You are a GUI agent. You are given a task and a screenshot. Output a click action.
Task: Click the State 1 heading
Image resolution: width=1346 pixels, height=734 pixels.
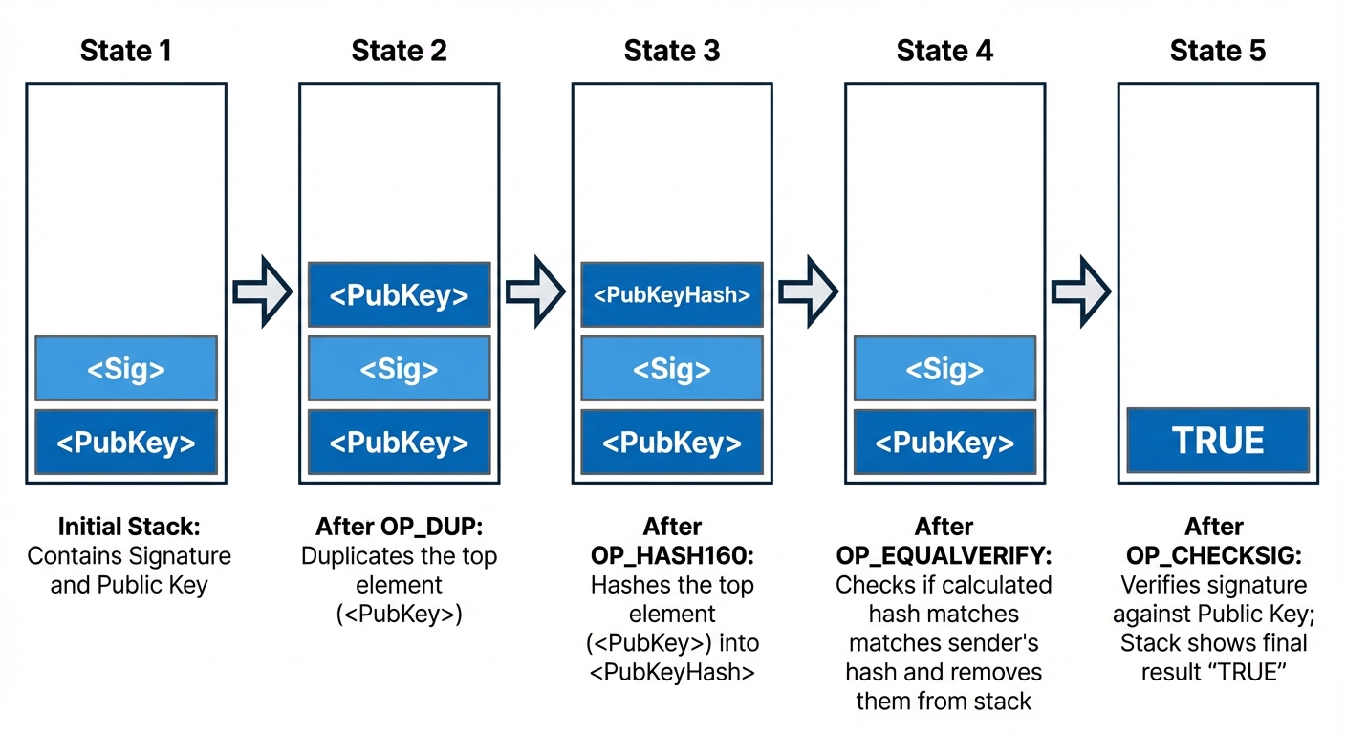pos(126,51)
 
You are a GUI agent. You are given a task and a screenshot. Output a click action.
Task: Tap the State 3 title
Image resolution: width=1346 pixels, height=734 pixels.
pos(671,51)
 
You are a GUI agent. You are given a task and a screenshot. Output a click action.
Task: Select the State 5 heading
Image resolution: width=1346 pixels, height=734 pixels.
pos(1217,51)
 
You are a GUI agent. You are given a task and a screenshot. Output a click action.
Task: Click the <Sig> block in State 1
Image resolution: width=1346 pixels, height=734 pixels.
pos(126,368)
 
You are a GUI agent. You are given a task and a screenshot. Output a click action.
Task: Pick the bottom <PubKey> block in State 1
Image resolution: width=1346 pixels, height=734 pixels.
pos(126,442)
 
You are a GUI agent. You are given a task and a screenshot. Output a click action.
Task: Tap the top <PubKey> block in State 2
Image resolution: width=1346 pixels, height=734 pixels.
pos(399,295)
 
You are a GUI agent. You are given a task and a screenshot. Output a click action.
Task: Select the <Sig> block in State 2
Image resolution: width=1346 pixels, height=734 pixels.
pos(399,368)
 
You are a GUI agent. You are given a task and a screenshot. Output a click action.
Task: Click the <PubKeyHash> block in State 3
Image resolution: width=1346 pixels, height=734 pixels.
pos(671,295)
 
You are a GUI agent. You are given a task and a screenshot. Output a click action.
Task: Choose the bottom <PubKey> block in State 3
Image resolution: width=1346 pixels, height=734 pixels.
pos(671,442)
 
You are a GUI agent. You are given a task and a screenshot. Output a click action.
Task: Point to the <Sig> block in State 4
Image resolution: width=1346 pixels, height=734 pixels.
pos(944,368)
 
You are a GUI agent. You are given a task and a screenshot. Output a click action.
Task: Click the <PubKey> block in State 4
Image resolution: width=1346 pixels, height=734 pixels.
pos(944,442)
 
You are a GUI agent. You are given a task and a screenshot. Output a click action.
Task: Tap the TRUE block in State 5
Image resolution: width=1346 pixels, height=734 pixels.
pos(1217,441)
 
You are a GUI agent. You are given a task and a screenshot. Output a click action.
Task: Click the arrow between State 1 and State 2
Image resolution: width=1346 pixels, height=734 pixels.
pos(262,291)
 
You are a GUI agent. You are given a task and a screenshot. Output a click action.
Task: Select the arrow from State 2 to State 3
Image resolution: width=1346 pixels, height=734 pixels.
pos(535,291)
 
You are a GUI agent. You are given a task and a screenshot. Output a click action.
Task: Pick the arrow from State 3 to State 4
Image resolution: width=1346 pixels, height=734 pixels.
pos(808,291)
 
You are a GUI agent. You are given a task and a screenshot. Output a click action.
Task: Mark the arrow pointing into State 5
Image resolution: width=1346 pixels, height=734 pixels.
pos(1081,291)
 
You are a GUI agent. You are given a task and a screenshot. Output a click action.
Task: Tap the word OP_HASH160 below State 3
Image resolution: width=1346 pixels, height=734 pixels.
pos(672,555)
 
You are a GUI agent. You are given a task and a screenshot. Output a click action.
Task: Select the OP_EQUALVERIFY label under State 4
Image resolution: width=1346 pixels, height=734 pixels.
pos(944,555)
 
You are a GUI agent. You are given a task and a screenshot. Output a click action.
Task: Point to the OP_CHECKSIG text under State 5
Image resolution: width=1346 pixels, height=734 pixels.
pos(1213,555)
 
